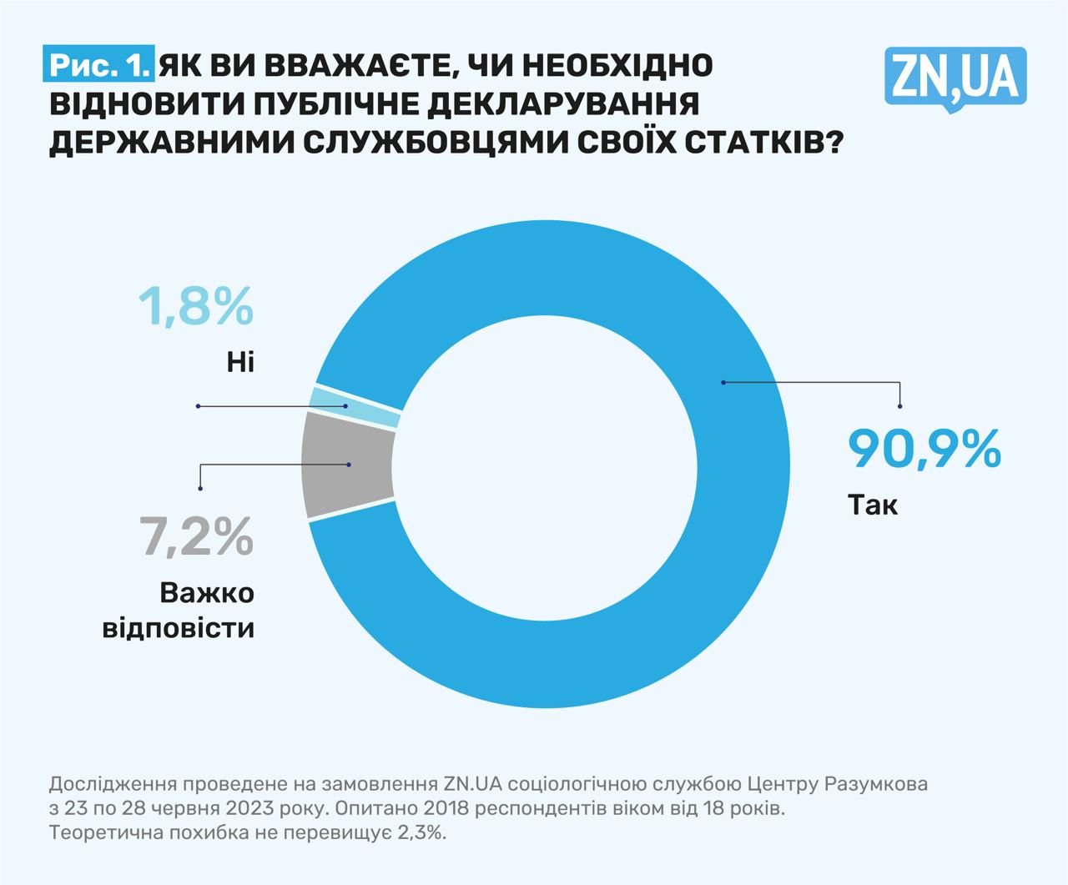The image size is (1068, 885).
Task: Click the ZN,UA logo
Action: pyautogui.click(x=955, y=78)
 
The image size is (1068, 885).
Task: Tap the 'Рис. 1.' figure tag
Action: pyautogui.click(x=99, y=66)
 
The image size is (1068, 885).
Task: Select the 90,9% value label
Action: pyautogui.click(x=924, y=449)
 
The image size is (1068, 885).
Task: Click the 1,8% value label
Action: pyautogui.click(x=195, y=305)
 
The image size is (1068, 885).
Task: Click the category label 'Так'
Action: pyautogui.click(x=873, y=505)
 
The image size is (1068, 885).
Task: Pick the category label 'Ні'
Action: pyautogui.click(x=239, y=362)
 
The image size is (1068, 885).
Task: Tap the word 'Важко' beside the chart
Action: pyautogui.click(x=207, y=593)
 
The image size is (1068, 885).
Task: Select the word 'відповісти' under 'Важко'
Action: pyautogui.click(x=179, y=627)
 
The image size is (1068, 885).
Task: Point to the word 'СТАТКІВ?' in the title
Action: pyautogui.click(x=762, y=143)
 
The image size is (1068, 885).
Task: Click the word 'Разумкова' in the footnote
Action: pyautogui.click(x=875, y=784)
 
